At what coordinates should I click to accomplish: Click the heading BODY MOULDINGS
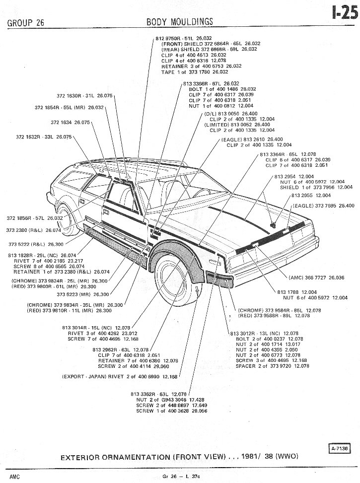(180, 21)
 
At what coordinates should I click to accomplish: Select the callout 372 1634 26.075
(70, 122)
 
